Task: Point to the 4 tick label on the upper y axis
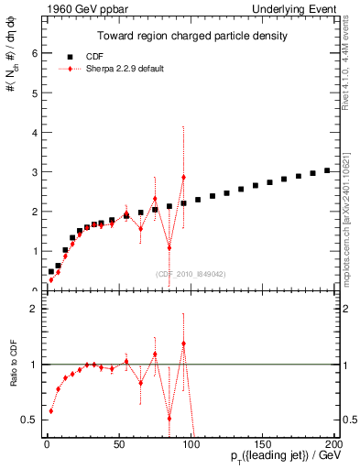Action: [33, 133]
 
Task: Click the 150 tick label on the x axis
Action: [263, 443]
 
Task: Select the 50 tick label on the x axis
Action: [118, 443]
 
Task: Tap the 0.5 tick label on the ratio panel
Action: [28, 420]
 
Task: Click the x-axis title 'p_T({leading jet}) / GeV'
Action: [283, 458]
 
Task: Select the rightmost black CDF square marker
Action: [327, 170]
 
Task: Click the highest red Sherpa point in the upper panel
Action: [183, 177]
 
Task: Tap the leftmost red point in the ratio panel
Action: [50, 410]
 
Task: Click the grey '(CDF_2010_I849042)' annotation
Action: [190, 274]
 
